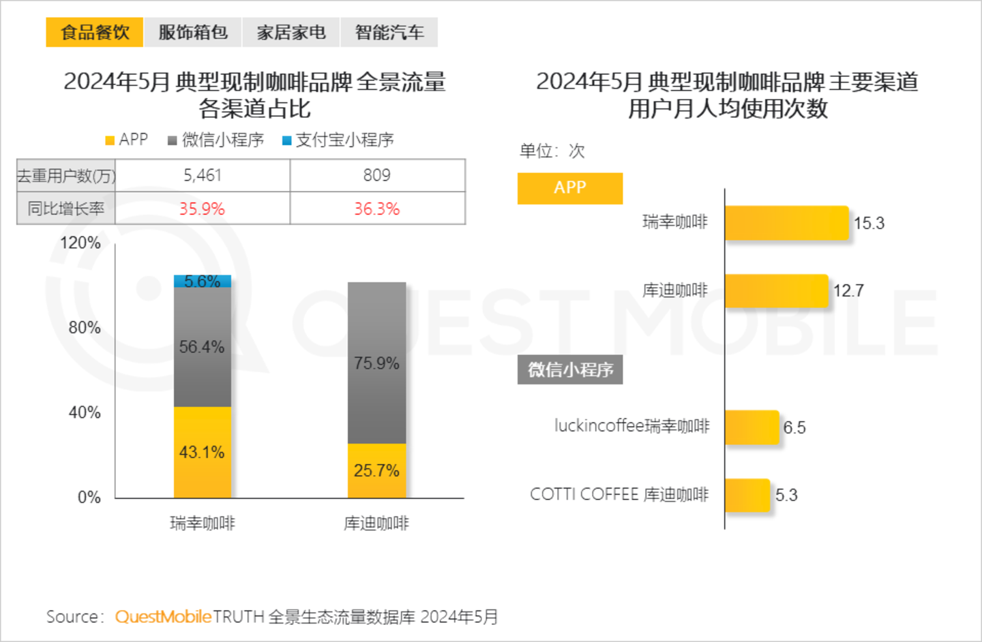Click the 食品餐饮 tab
tap(95, 32)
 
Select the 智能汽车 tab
tap(389, 32)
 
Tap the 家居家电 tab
tap(291, 32)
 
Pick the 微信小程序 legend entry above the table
tap(215, 140)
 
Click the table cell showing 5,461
tap(203, 175)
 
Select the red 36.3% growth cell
tap(377, 209)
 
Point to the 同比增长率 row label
tap(66, 209)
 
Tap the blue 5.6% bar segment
tap(203, 281)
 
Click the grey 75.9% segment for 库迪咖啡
tap(376, 363)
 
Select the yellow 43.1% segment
tap(203, 452)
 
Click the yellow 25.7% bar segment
tap(376, 470)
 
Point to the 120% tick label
tap(80, 243)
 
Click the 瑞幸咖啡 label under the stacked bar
tap(203, 523)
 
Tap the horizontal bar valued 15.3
tap(786, 223)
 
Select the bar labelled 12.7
tap(776, 291)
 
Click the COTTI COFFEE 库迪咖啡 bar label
tap(619, 495)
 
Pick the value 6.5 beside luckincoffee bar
tap(794, 428)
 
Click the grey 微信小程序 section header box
tap(570, 370)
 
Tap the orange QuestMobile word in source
tap(163, 617)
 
